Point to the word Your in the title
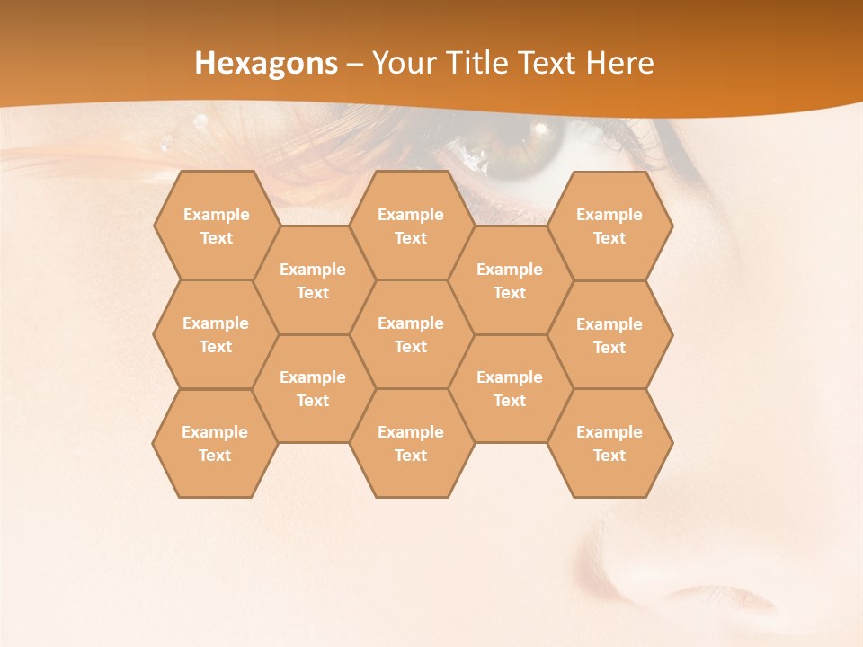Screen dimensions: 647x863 tap(402, 63)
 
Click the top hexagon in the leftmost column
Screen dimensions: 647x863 tap(216, 226)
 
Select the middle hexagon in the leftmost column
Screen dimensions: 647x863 tap(216, 334)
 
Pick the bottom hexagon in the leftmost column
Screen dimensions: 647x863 tap(215, 443)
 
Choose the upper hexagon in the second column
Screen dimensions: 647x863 tap(313, 280)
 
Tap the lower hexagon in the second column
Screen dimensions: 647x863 tap(313, 388)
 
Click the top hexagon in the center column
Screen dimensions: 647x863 tap(411, 226)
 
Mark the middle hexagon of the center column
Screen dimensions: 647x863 tap(411, 334)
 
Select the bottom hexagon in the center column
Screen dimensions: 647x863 tap(411, 443)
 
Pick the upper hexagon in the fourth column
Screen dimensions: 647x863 tap(510, 280)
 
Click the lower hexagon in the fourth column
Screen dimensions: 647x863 tap(510, 388)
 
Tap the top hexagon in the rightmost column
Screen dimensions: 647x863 tap(609, 226)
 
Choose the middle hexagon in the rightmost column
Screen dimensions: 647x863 tap(609, 335)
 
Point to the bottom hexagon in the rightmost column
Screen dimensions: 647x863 tap(609, 443)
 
